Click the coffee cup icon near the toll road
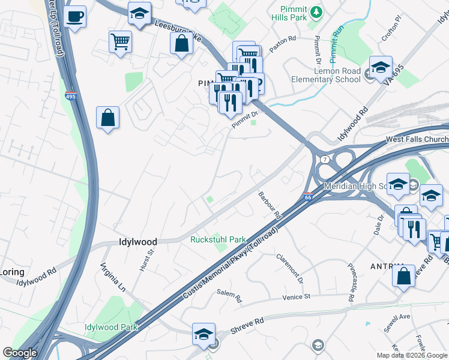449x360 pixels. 75,17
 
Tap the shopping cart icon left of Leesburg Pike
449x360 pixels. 120,43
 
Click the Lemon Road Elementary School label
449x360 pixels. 325,75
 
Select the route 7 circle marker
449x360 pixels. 324,159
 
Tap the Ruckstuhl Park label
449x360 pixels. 218,239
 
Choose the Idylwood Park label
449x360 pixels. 111,327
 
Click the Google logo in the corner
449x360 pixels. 20,353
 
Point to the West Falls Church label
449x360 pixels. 416,139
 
